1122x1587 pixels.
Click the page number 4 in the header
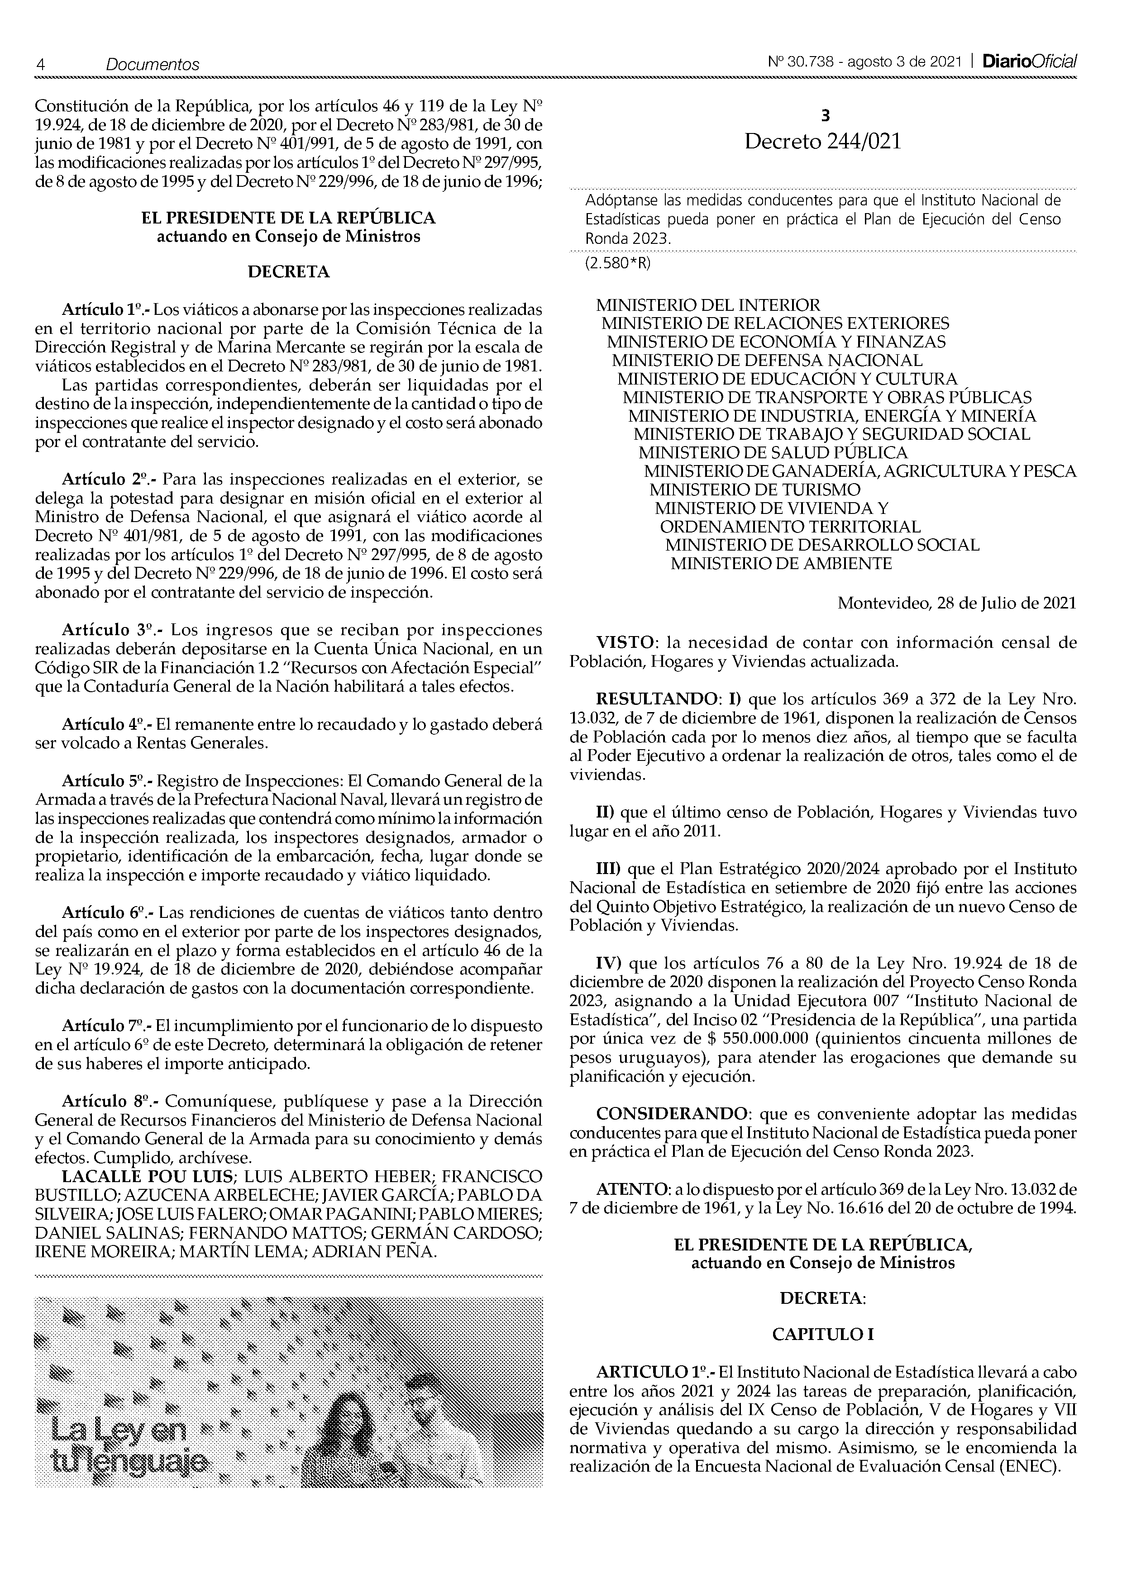pos(40,64)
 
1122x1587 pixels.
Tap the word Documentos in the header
pos(152,64)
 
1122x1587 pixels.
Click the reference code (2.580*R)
pos(619,263)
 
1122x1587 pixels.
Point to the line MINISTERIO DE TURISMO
pos(755,490)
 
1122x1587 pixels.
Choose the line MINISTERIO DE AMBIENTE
pos(781,563)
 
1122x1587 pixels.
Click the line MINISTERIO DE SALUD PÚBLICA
pos(773,453)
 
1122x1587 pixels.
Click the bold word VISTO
pos(624,642)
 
